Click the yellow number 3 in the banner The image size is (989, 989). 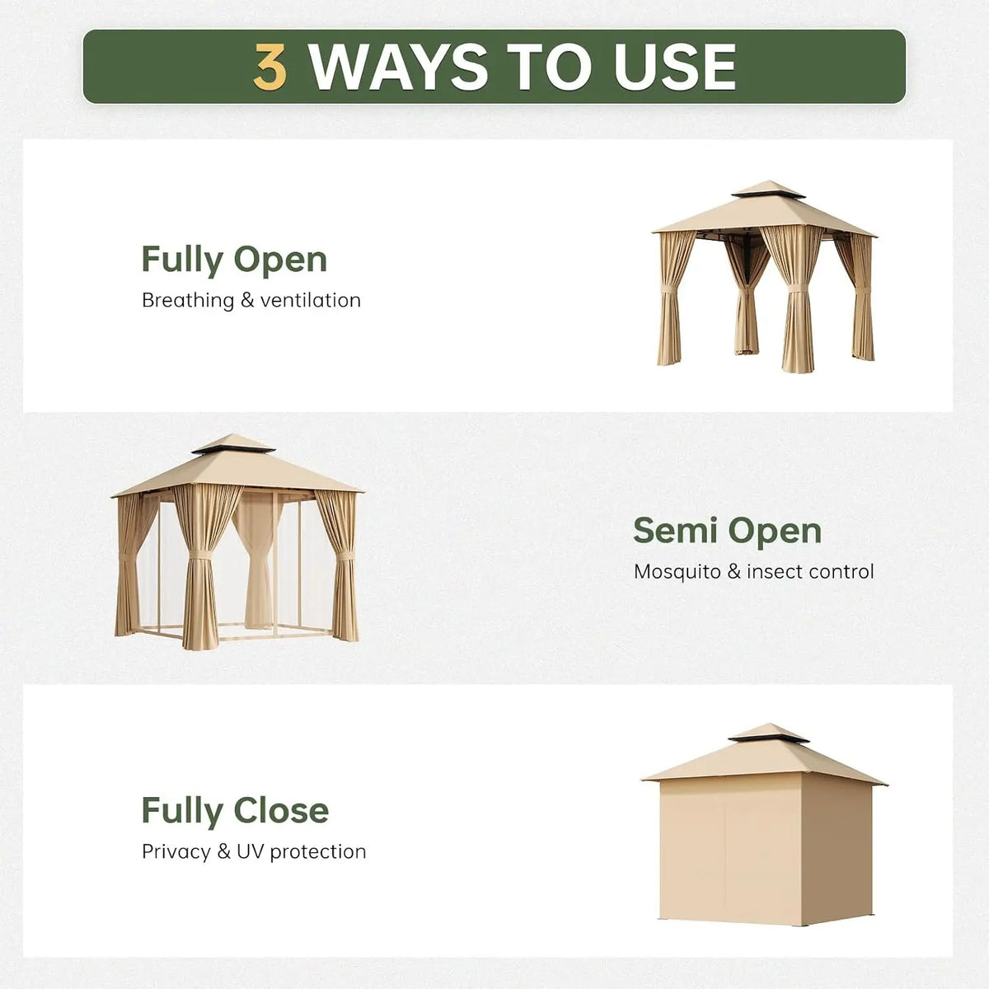coord(270,67)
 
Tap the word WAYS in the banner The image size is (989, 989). coord(398,67)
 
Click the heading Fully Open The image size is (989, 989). coord(234,260)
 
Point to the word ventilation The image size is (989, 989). coord(311,300)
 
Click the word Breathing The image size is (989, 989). coord(188,301)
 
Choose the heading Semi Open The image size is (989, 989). coord(727,532)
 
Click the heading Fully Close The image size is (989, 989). coord(235,811)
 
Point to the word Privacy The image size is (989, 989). coord(176,852)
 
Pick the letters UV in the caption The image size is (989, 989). coord(250,851)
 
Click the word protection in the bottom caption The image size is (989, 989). coord(318,852)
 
